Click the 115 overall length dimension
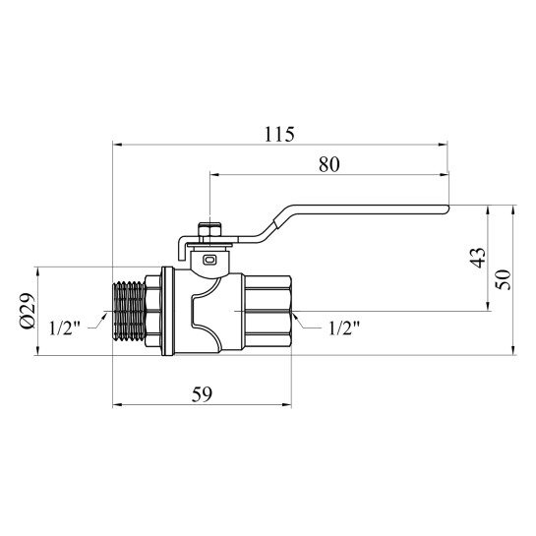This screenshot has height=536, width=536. tap(279, 135)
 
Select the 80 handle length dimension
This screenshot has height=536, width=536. tap(329, 164)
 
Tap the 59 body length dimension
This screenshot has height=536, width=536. tap(202, 394)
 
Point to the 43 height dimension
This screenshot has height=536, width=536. tap(478, 258)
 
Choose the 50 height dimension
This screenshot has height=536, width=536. tap(504, 279)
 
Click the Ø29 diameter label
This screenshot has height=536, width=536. tap(29, 311)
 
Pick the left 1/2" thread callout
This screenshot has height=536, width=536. tap(64, 328)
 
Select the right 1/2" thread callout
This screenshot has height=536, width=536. tap(344, 328)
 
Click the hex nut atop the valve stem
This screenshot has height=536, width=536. tap(209, 230)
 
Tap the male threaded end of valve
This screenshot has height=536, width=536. tap(129, 312)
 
